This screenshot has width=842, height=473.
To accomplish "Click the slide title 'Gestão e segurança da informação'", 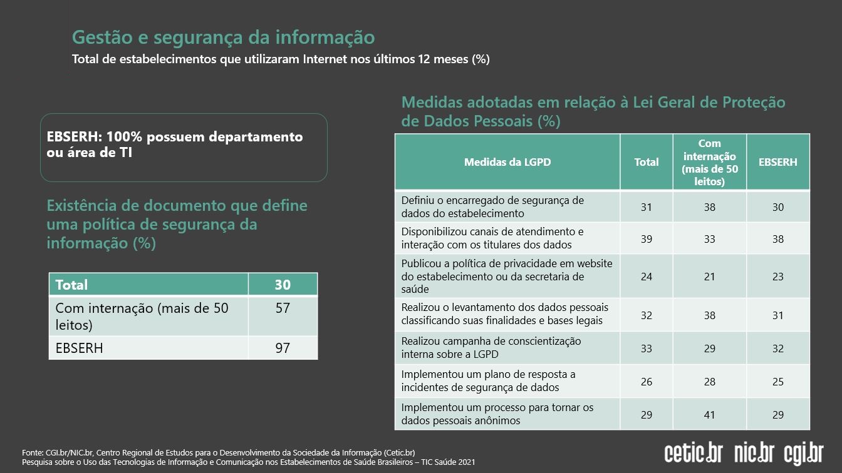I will tap(223, 37).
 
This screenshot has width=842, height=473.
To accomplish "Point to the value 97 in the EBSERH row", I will tap(283, 348).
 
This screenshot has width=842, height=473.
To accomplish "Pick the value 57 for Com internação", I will tap(283, 308).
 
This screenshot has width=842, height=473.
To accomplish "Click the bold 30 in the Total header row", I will tap(283, 285).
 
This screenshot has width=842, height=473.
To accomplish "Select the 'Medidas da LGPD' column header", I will tap(507, 162).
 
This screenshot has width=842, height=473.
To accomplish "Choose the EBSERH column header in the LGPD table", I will tap(777, 162).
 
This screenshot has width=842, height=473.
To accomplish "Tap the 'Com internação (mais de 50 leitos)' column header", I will tap(709, 162).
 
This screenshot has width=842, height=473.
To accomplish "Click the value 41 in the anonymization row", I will tap(709, 415).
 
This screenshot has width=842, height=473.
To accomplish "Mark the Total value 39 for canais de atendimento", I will tap(647, 239).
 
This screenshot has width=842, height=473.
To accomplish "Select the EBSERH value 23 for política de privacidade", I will tap(777, 277).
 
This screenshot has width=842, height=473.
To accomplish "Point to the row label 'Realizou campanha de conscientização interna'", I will tap(491, 348).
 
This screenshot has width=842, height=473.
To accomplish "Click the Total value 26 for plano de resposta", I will tap(647, 382).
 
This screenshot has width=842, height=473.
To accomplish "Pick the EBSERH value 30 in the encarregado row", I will tap(777, 207).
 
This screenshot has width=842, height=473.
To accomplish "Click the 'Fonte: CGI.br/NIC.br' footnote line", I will tap(218, 452).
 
